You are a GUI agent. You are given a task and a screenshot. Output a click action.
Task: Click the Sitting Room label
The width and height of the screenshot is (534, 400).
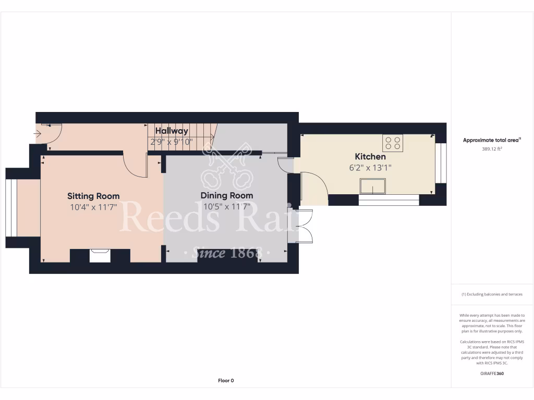[93, 196]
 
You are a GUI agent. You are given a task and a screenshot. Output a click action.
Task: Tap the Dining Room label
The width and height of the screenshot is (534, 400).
[227, 196]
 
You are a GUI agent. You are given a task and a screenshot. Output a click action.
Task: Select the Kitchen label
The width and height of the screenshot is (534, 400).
[370, 157]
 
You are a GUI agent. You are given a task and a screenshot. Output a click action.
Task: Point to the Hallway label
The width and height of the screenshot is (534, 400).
[171, 131]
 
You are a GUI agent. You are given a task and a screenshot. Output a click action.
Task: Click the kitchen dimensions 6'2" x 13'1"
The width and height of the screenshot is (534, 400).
[370, 168]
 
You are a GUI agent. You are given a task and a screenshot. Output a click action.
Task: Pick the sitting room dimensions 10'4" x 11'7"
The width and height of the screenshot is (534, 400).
[93, 207]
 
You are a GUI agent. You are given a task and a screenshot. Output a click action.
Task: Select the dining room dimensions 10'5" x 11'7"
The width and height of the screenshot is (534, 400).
[227, 206]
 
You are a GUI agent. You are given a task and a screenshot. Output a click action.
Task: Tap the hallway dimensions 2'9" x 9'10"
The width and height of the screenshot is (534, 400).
[171, 142]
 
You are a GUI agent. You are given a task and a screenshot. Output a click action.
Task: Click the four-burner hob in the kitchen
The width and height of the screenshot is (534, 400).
[393, 143]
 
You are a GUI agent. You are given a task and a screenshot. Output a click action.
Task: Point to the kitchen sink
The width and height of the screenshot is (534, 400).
[373, 186]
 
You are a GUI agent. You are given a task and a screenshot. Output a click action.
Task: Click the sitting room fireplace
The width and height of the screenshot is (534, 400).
[100, 255]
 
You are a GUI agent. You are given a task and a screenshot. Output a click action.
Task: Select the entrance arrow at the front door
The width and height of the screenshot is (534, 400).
[38, 134]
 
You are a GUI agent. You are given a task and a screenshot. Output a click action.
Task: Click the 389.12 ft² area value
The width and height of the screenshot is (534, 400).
[492, 149]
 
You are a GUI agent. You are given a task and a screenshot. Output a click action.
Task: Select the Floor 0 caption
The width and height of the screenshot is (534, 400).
[226, 381]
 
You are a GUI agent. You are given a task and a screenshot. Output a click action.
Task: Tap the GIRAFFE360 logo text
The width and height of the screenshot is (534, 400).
[492, 373]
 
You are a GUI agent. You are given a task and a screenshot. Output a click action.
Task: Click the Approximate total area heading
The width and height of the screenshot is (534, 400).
[492, 140]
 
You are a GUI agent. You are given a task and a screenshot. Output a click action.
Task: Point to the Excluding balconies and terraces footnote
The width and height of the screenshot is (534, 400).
[492, 294]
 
